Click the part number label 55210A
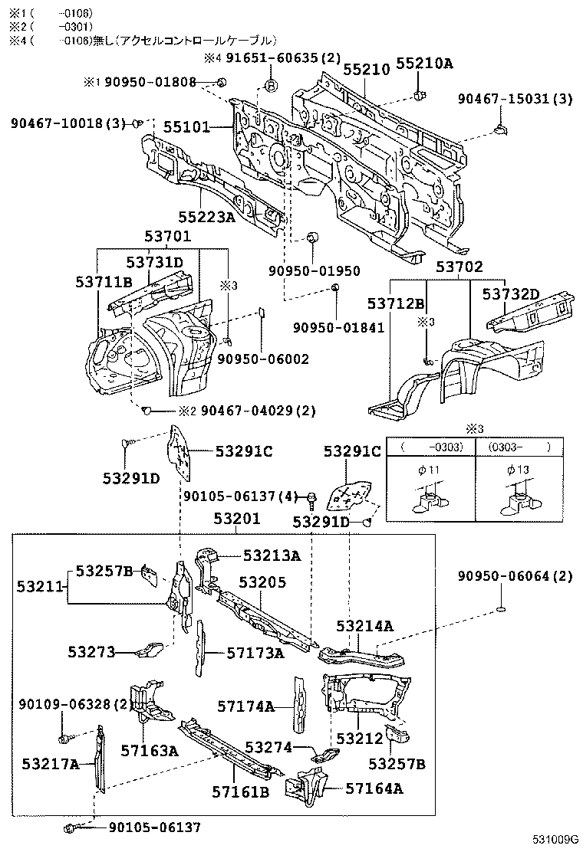coord(425,64)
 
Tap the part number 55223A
coord(207,217)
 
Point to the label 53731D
coord(155,263)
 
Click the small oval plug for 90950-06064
coord(499,609)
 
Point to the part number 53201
coord(237,519)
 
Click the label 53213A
coord(272,555)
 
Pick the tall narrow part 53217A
coord(98,762)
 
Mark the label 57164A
coord(374,788)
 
